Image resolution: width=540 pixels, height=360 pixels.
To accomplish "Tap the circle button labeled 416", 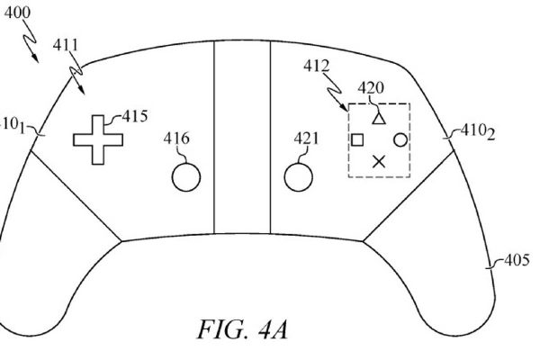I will [x=185, y=176].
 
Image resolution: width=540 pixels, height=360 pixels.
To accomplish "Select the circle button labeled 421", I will [x=299, y=176].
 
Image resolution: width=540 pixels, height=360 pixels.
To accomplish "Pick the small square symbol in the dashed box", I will [x=356, y=139].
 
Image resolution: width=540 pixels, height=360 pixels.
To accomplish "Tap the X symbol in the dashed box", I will [x=379, y=161].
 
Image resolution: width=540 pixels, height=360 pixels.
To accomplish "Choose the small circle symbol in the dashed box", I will [x=400, y=139].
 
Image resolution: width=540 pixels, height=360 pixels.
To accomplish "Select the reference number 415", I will [x=136, y=116].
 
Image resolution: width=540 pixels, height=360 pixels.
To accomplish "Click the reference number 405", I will [x=516, y=261].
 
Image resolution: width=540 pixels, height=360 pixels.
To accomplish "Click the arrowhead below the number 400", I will [x=35, y=60].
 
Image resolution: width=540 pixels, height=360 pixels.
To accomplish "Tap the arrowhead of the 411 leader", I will [x=79, y=94].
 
